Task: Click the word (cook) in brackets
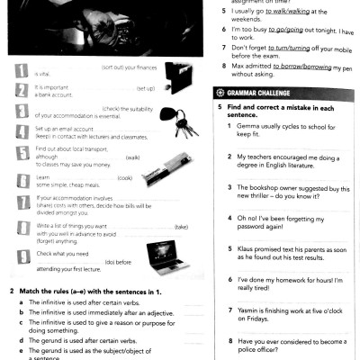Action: coord(124,177)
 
